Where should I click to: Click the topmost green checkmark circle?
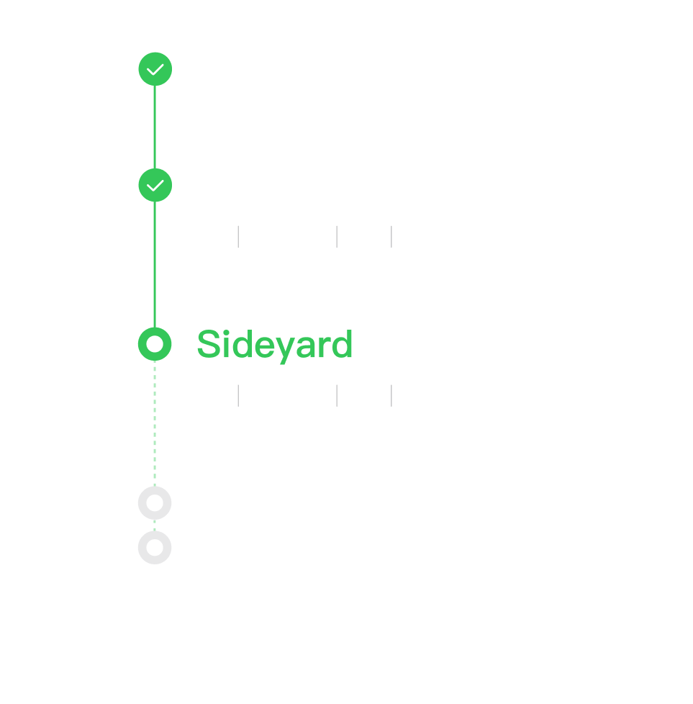155,69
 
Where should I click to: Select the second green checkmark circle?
155,185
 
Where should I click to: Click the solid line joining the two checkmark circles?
155,127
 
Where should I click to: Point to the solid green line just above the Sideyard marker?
155,265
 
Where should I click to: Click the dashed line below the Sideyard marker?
155,424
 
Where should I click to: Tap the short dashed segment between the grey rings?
155,525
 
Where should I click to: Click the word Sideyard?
275,346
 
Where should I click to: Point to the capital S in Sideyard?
209,344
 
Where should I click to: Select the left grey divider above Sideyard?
238,237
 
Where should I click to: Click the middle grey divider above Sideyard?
337,237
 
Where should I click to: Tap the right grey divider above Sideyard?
391,237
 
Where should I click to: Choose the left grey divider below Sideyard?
238,396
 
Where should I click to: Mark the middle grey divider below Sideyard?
337,396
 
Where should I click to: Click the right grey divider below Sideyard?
391,396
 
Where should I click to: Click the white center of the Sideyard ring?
155,344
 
